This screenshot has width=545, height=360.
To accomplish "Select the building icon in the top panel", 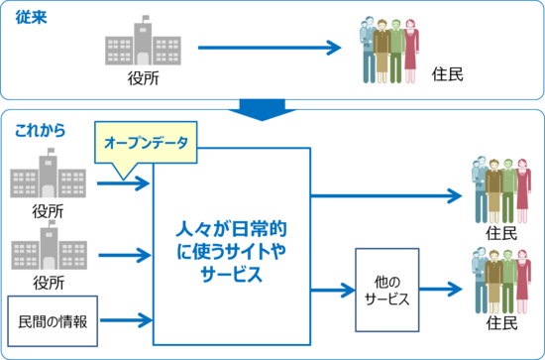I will (143, 42).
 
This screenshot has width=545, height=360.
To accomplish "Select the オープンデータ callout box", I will (147, 142).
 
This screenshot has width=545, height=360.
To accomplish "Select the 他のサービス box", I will (386, 290).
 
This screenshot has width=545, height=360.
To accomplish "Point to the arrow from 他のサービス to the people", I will (442, 290).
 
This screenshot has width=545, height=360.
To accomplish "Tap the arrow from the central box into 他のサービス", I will (333, 290).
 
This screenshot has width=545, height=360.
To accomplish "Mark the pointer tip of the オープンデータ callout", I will (124, 179).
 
